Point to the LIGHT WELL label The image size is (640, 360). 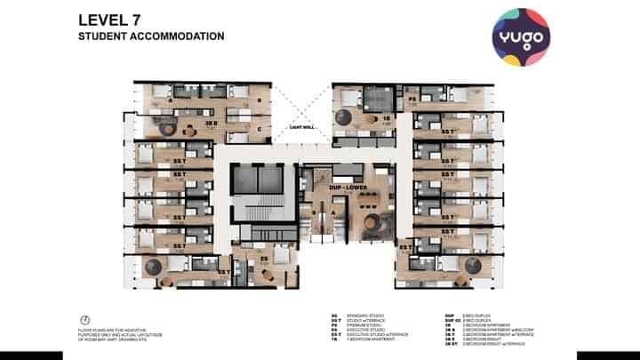(303, 127)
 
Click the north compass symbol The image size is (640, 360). (84, 319)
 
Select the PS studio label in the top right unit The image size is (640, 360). (414, 100)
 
